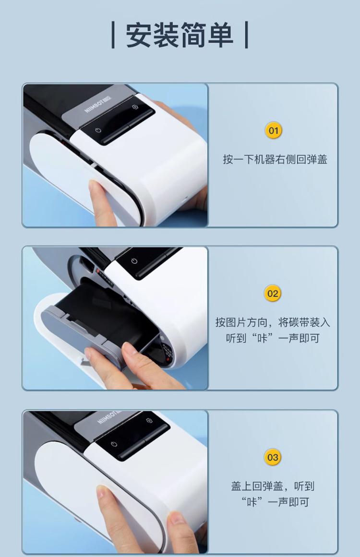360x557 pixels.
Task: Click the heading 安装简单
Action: (180, 35)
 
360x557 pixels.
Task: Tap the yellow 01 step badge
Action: (273, 130)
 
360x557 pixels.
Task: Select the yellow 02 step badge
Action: (273, 294)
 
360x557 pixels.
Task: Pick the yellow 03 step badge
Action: (273, 457)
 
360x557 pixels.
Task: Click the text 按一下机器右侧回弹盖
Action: (275, 159)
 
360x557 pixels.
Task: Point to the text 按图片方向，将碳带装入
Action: (273, 322)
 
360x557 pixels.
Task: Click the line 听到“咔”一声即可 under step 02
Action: (273, 338)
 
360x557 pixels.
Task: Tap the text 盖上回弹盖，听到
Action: (273, 486)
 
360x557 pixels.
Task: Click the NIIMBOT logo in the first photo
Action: (98, 103)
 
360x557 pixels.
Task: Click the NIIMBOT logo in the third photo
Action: (109, 417)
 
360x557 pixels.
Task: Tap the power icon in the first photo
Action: (98, 130)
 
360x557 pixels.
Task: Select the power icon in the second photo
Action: (134, 261)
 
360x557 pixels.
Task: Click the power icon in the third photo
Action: (114, 444)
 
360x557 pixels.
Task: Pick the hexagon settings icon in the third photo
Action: (149, 421)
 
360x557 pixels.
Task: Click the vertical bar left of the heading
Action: (113, 35)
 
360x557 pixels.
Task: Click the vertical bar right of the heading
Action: (246, 35)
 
